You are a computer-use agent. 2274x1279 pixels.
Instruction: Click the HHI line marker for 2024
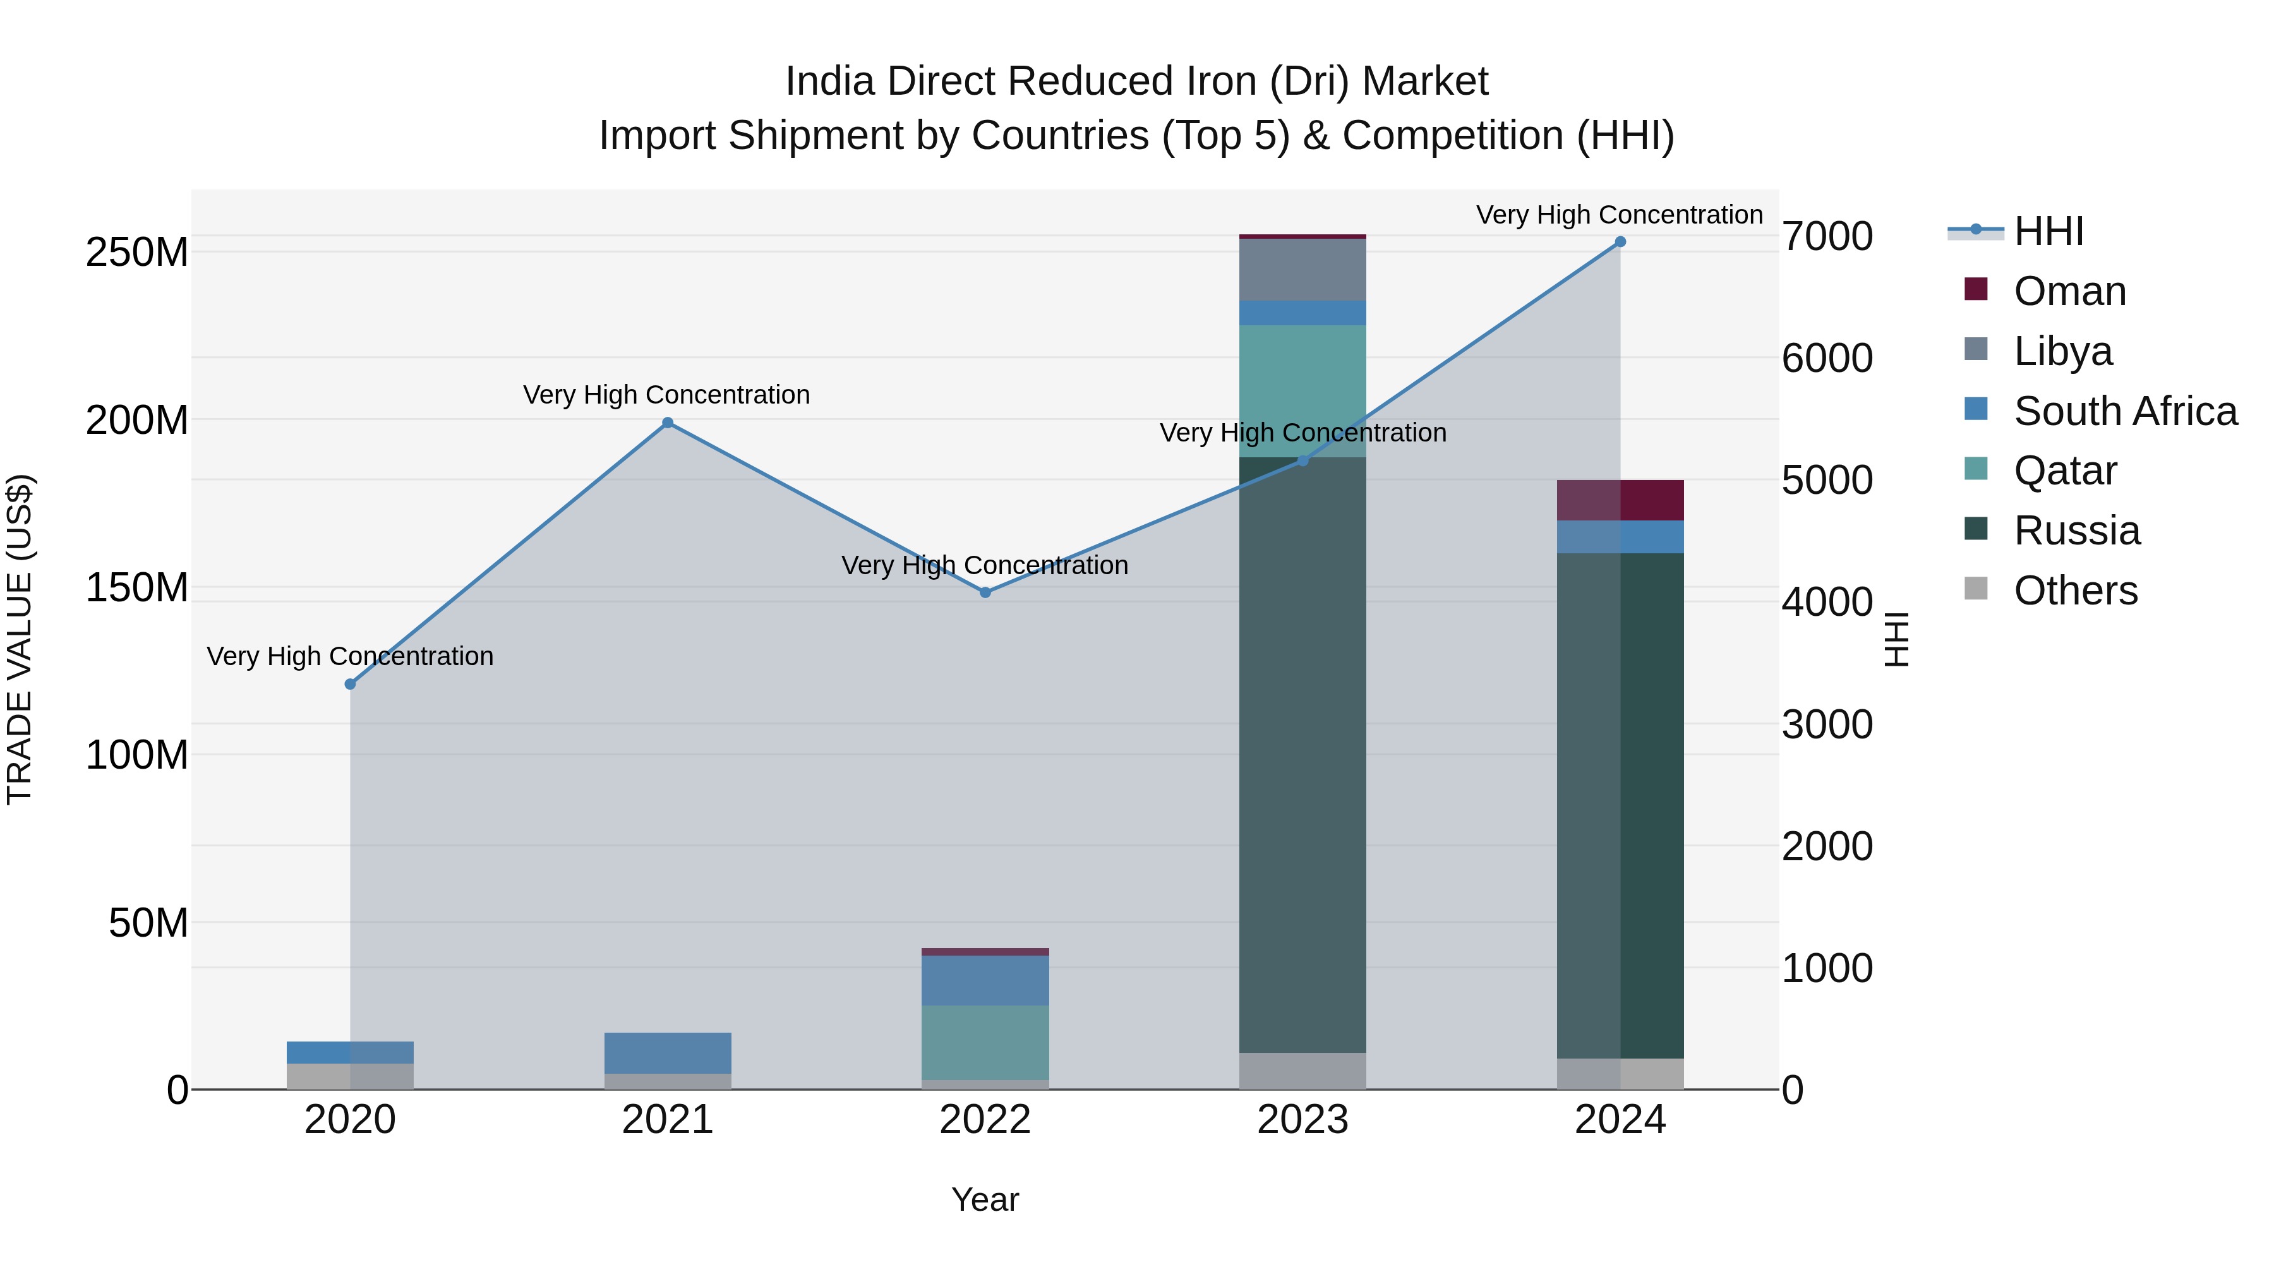click(x=1620, y=242)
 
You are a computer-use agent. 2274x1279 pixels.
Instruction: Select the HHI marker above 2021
click(x=668, y=423)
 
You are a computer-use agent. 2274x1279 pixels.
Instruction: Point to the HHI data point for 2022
click(x=985, y=592)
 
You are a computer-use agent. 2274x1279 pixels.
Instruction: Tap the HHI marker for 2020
click(x=351, y=684)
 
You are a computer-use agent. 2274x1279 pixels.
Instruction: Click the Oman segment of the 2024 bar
click(x=1620, y=500)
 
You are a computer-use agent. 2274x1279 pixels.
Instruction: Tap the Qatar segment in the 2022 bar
click(x=985, y=1042)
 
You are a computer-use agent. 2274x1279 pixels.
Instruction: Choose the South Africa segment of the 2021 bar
click(x=668, y=1053)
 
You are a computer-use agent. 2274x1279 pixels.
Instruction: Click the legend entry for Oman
click(x=2069, y=291)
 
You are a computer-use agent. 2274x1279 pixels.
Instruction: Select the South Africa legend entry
click(x=2125, y=411)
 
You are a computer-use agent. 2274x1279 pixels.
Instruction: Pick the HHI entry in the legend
click(x=2048, y=231)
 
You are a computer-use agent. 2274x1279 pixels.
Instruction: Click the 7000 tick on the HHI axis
click(x=1826, y=237)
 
